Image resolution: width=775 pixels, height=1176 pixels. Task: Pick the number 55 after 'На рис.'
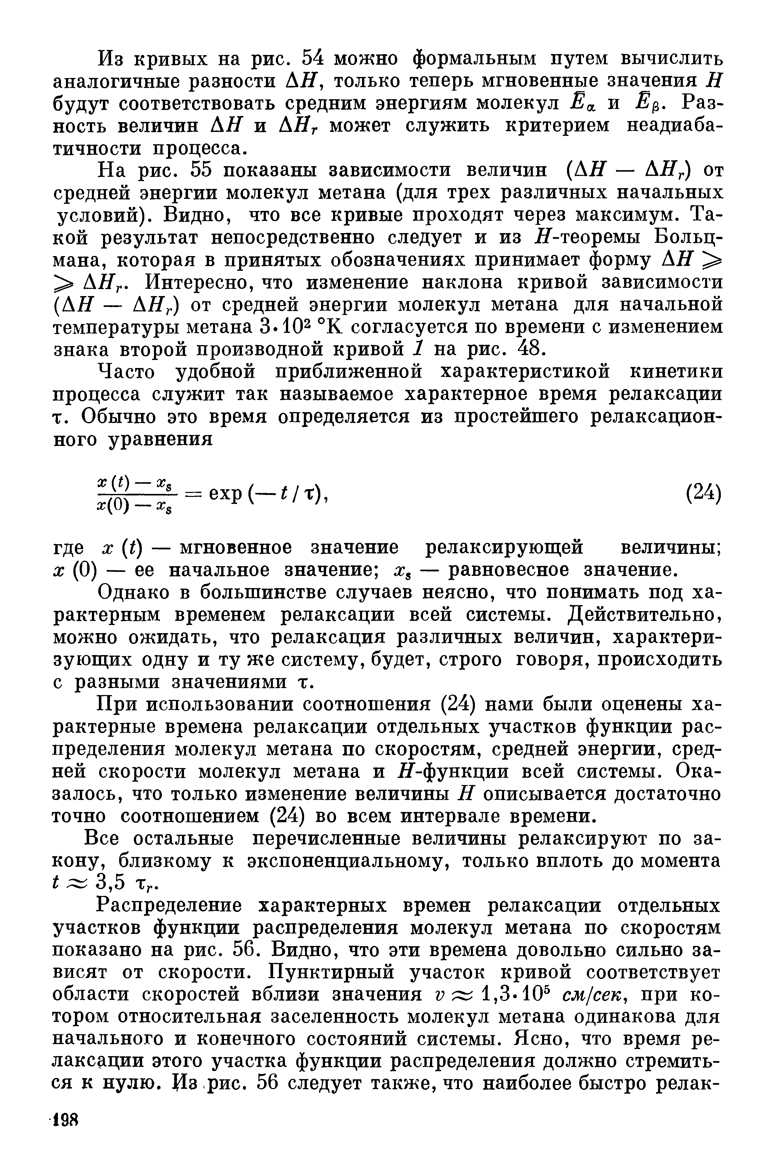pyautogui.click(x=202, y=170)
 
